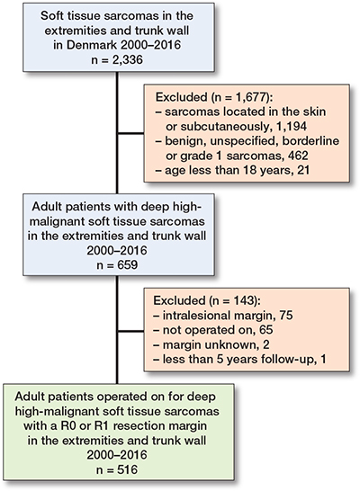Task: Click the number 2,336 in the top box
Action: pyautogui.click(x=128, y=58)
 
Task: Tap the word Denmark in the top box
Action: pyautogui.click(x=91, y=45)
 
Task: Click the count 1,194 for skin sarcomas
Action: pyautogui.click(x=291, y=126)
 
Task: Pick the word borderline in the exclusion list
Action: pyautogui.click(x=310, y=140)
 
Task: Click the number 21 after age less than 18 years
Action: pyautogui.click(x=303, y=170)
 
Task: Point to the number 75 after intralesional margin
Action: pyautogui.click(x=286, y=316)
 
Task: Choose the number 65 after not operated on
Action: pyautogui.click(x=266, y=330)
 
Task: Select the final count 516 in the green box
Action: pyautogui.click(x=127, y=469)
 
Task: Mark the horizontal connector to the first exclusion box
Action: pyautogui.click(x=130, y=134)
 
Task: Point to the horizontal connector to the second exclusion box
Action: pyautogui.click(x=130, y=331)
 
